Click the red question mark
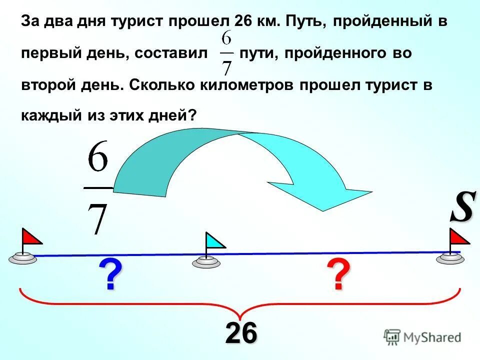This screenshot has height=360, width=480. point(338,275)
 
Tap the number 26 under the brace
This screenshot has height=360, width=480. point(241,332)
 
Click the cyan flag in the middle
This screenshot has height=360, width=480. point(215,241)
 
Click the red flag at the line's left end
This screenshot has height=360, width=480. point(31,236)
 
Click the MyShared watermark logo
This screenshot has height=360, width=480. point(422,337)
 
